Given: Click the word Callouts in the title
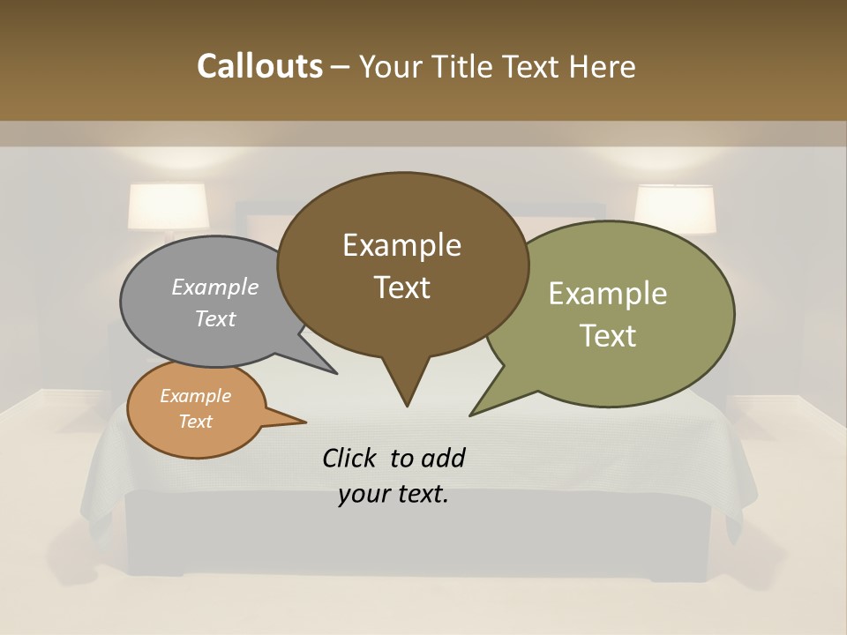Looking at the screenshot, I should point(259,66).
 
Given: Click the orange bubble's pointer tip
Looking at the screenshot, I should point(304,422).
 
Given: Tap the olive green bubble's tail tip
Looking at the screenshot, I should point(472,414).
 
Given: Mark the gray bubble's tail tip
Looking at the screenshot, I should point(335,373).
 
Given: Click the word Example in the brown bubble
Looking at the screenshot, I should point(402,245).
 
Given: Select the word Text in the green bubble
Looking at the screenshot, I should point(609,336).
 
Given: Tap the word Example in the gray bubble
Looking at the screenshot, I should point(215,287).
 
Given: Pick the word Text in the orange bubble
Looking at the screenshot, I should point(196,422).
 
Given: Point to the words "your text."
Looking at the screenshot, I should point(394,495).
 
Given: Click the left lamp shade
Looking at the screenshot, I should point(169,206).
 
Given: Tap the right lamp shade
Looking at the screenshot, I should point(675,208).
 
